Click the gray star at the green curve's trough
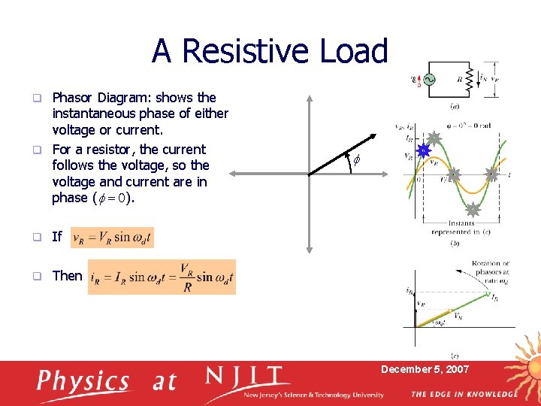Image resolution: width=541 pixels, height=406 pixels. (473, 210)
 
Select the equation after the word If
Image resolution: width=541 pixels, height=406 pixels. (112, 238)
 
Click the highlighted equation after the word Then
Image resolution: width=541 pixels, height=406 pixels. (162, 277)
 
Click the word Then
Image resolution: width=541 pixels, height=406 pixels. (67, 276)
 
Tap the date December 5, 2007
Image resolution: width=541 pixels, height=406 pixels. (425, 369)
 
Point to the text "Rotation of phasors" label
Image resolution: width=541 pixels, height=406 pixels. (491, 268)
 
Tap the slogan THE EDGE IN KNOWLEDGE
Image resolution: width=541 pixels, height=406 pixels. (464, 394)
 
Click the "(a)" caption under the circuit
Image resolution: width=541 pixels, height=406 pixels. (455, 105)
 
